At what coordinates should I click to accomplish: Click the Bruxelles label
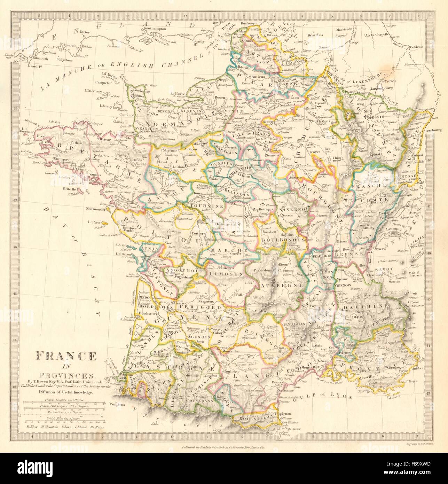point(315,35)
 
